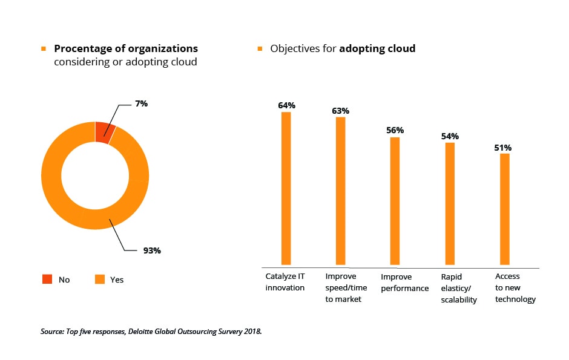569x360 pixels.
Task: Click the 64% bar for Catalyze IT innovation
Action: (286, 188)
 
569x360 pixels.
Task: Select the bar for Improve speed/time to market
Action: (340, 191)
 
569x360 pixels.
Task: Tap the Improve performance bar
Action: (395, 201)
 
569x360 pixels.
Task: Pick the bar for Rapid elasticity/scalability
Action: (450, 204)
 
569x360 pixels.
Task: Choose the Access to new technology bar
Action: (504, 209)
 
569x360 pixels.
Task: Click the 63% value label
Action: (340, 111)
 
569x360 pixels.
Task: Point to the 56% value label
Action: (395, 130)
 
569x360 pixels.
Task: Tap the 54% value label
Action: (450, 136)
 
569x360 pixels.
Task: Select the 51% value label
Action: (504, 148)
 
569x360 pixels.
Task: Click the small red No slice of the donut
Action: (104, 133)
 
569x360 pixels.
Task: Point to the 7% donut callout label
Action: (141, 103)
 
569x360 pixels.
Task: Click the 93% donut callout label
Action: (152, 250)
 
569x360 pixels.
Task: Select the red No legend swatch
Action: (47, 279)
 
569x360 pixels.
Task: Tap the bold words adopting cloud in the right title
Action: (377, 48)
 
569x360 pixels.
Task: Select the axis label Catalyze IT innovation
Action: (285, 282)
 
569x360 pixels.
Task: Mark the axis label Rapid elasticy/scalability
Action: (459, 288)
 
